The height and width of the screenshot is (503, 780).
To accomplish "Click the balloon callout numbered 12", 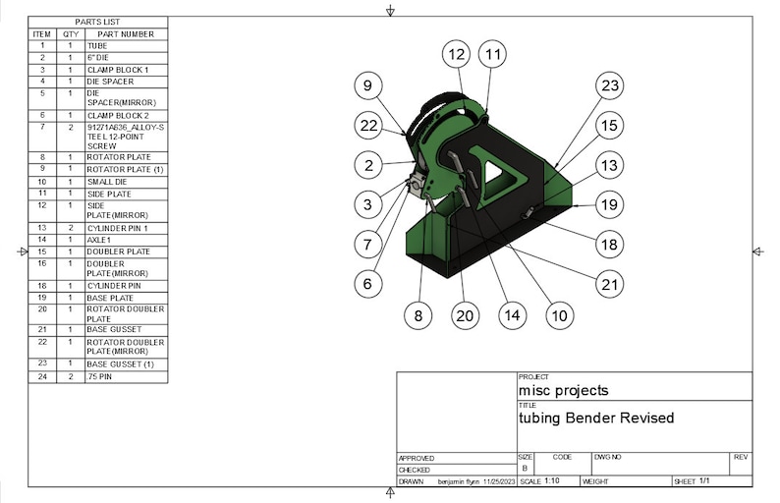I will coord(454,55).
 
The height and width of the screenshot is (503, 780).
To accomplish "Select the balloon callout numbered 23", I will coord(610,86).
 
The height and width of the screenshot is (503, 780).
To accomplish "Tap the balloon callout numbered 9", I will coord(367,86).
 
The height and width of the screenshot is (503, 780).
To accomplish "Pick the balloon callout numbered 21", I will coord(610,284).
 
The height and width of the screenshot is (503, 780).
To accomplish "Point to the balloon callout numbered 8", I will coord(418,315).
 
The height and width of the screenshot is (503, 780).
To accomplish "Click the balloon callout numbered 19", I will coord(610,205).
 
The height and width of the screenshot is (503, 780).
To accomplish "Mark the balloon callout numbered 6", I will coord(367,283).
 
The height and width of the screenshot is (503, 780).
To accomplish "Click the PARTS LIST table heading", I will coord(97,22).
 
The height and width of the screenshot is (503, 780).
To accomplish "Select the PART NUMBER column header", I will coord(126,33).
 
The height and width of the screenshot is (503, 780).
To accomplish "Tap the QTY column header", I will coord(71,33).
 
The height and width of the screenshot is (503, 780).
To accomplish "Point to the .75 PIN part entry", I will coord(100,377).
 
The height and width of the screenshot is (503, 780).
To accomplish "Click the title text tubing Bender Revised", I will coord(596,418).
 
